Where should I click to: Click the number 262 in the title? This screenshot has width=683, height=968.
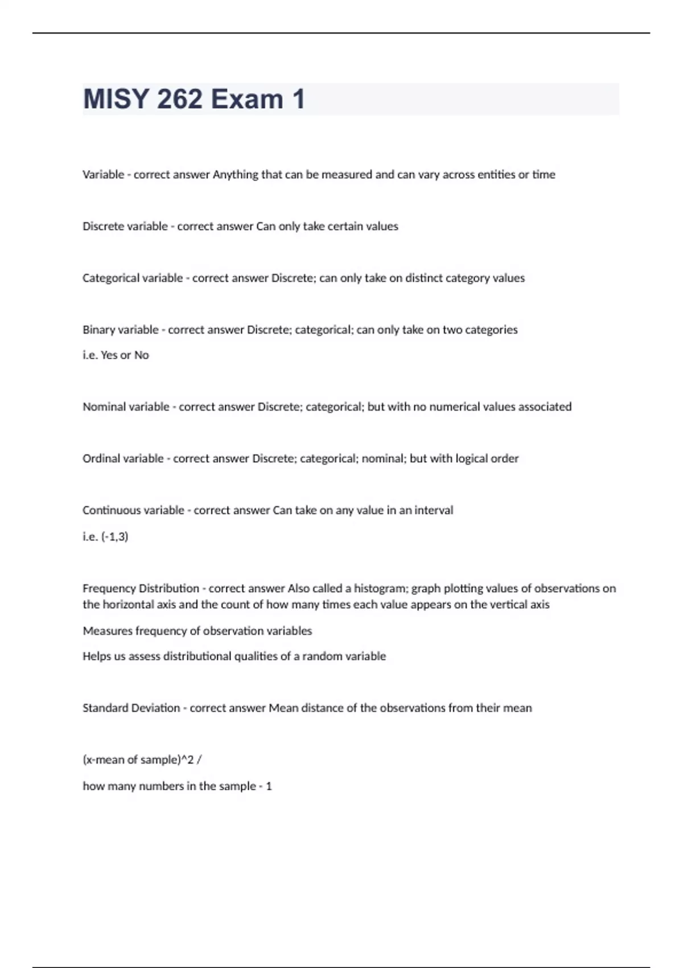click(x=179, y=99)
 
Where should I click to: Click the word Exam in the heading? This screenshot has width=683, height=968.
click(x=247, y=99)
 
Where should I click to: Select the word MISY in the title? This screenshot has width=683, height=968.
click(x=116, y=99)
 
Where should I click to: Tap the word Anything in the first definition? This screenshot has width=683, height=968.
click(x=235, y=175)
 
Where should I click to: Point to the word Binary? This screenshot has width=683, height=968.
click(x=98, y=330)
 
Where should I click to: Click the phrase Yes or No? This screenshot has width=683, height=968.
click(x=125, y=355)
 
